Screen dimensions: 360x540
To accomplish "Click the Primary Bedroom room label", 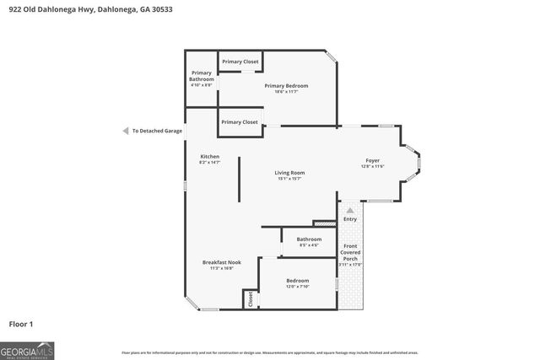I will (286, 86).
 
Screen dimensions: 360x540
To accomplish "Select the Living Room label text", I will (290, 173).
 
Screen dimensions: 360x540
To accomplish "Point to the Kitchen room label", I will (209, 157).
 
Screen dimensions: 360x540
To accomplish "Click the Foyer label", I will (372, 160).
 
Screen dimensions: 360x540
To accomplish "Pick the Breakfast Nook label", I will (222, 262).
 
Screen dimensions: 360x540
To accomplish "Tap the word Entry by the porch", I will (350, 220).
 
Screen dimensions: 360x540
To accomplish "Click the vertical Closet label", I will (250, 298).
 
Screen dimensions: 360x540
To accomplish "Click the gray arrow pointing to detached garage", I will (125, 131).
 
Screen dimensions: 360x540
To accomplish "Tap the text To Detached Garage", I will (157, 131).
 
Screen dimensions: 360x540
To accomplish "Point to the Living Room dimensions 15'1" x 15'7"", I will (290, 179).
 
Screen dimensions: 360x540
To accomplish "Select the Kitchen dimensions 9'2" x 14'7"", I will (209, 163).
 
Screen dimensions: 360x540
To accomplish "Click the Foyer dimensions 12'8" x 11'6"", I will (372, 166).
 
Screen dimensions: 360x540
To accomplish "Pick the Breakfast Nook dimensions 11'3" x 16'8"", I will (222, 268).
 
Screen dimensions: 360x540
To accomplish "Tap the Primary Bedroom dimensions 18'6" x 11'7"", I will (286, 92).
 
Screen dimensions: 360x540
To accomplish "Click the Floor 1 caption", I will (21, 324).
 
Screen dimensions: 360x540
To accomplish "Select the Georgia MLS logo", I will (26, 349).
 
